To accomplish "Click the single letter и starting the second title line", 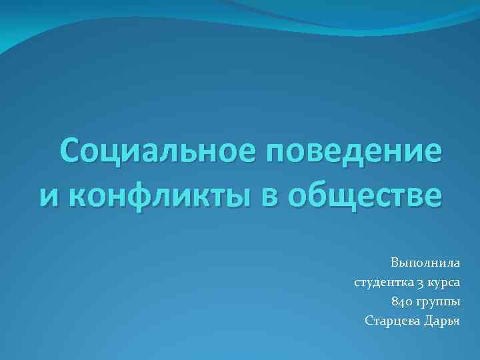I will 49,197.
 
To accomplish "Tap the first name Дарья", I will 443,321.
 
